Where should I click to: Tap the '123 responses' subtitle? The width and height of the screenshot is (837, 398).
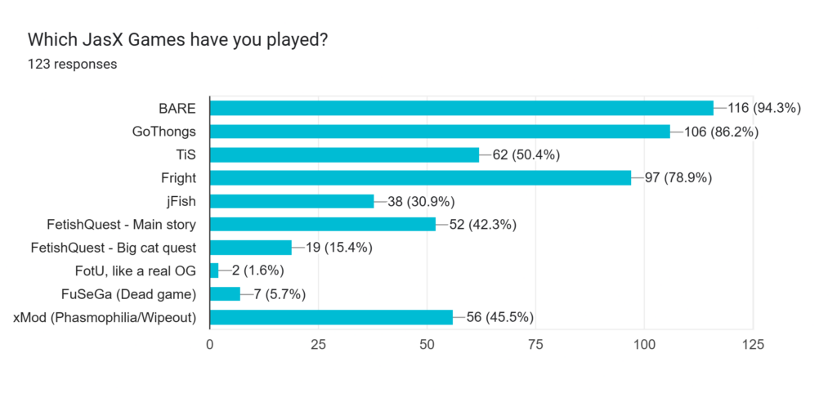click(x=72, y=64)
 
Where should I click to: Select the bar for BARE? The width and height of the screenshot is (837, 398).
click(x=462, y=108)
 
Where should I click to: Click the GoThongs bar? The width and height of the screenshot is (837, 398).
click(x=440, y=132)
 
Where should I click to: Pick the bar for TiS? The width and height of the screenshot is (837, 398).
click(x=344, y=154)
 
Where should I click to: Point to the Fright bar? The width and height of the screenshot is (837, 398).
click(x=420, y=178)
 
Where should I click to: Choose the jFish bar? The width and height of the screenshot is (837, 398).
click(x=292, y=201)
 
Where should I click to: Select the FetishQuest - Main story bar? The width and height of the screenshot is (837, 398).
click(x=322, y=224)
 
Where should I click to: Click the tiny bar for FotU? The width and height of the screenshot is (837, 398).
click(x=214, y=271)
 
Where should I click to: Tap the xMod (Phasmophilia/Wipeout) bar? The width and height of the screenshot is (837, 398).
click(x=331, y=317)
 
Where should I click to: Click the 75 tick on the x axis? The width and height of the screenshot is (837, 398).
click(x=535, y=345)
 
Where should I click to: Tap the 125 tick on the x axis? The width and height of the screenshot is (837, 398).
click(x=752, y=345)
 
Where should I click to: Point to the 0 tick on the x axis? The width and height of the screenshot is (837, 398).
click(x=210, y=345)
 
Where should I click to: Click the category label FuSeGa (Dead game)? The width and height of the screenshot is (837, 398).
click(x=134, y=293)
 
